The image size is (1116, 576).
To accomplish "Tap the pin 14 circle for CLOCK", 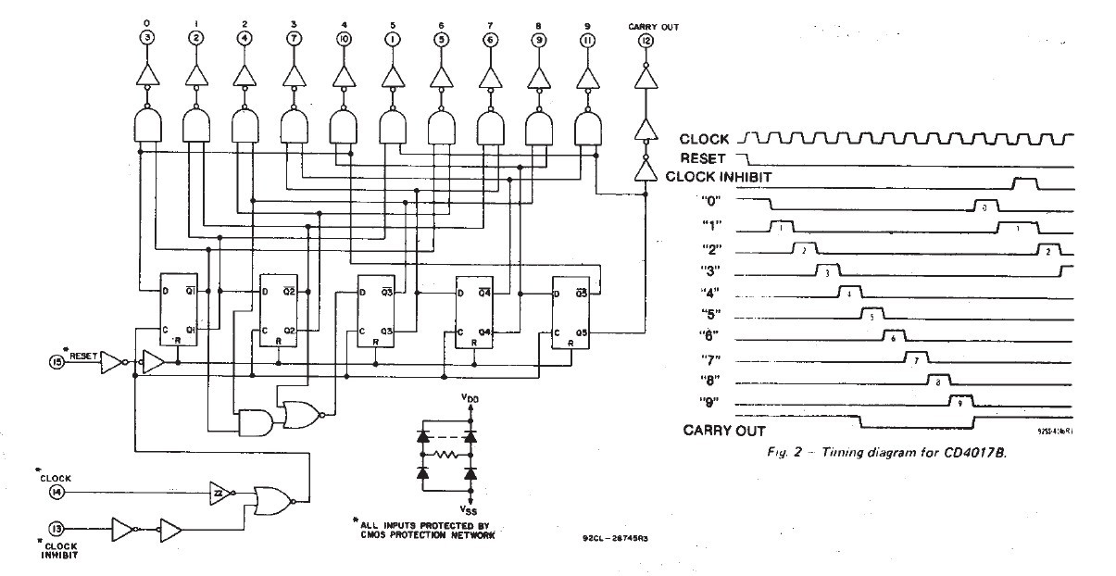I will [x=57, y=493].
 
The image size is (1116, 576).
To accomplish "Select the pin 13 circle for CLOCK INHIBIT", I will [x=57, y=529].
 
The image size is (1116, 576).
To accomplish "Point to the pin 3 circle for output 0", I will [x=146, y=38].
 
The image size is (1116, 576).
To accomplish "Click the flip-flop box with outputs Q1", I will [x=178, y=311].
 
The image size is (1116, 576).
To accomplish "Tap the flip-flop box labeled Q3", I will [x=377, y=311].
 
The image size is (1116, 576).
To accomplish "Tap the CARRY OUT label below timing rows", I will [x=724, y=430].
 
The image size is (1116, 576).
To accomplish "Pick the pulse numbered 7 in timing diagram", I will [x=915, y=359].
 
